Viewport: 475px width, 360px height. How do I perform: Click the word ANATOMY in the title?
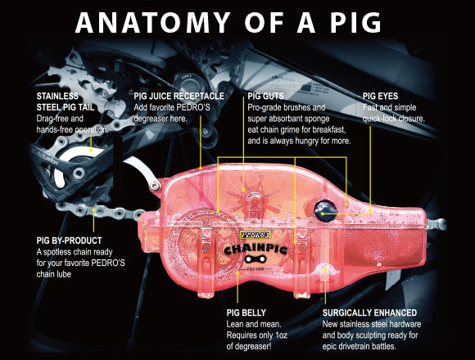[152, 22]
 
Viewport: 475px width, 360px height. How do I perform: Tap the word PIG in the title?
[355, 22]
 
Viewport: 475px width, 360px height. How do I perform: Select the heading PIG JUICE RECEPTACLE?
[179, 97]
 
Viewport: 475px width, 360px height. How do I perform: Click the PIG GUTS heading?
[265, 97]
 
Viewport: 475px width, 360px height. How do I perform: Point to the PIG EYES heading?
[380, 97]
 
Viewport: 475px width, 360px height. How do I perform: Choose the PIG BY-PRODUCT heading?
[69, 241]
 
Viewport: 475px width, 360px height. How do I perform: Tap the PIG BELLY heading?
[247, 313]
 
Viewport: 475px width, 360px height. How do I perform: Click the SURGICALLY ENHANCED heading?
[369, 313]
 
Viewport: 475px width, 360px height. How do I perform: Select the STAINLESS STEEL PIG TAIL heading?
[66, 101]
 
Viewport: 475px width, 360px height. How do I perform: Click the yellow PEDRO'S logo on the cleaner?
[255, 235]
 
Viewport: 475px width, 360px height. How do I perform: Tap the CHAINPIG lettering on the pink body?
[256, 250]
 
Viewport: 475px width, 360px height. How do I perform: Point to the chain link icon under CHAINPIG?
[256, 259]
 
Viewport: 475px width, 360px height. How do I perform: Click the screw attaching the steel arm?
[155, 185]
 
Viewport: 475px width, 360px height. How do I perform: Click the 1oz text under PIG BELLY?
[281, 335]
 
